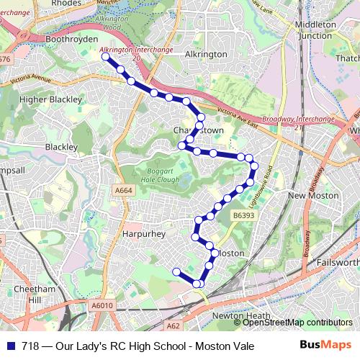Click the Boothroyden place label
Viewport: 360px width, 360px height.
[51, 37]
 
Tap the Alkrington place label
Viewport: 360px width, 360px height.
[186, 54]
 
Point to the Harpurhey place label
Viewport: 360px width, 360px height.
[144, 234]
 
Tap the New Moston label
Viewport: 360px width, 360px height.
[313, 195]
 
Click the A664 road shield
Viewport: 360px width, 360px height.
[123, 190]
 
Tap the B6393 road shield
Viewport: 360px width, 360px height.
[243, 215]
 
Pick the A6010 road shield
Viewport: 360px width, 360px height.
[102, 306]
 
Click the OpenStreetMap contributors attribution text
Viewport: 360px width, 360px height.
[297, 323]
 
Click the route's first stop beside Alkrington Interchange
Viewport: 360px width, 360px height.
[105, 56]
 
